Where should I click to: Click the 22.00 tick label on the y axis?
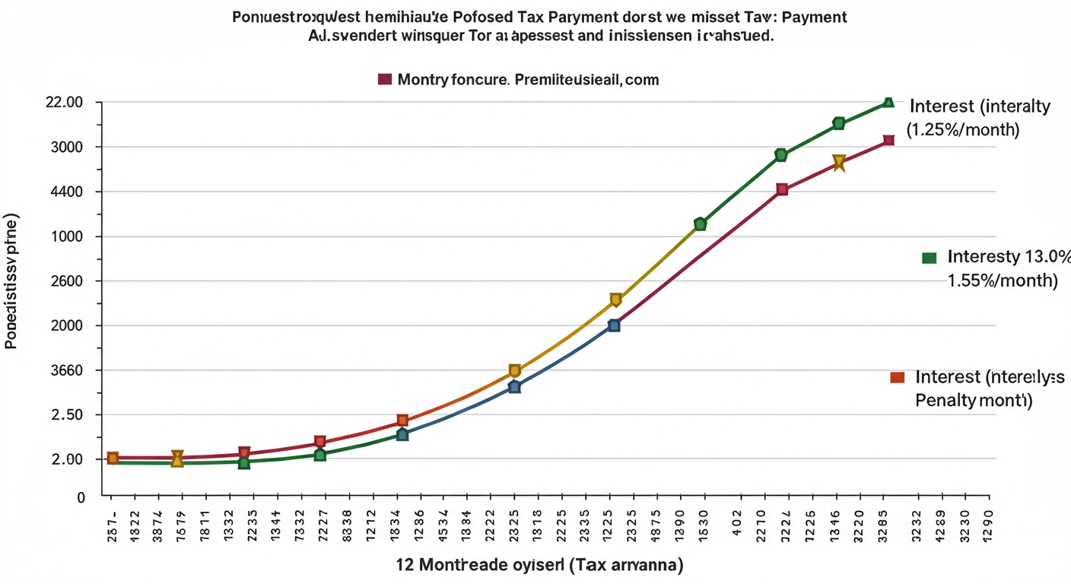(x=65, y=103)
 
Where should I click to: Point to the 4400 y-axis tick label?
(x=68, y=192)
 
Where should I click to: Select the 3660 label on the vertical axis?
(x=68, y=371)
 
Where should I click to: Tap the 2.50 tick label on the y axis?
(x=68, y=415)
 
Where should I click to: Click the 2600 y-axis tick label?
(x=68, y=281)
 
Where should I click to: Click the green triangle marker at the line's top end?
(x=888, y=102)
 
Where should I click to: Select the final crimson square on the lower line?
(x=888, y=141)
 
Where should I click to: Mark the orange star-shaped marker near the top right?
(x=839, y=163)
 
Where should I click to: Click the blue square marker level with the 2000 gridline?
(x=614, y=325)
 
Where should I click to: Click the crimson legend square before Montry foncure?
(x=384, y=79)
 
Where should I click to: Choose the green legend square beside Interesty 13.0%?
(x=929, y=258)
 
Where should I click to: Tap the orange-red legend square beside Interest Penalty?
(x=897, y=377)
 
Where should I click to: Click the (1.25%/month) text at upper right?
(x=962, y=129)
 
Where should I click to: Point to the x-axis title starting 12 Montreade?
(x=539, y=565)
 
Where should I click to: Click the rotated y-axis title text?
(x=11, y=281)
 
